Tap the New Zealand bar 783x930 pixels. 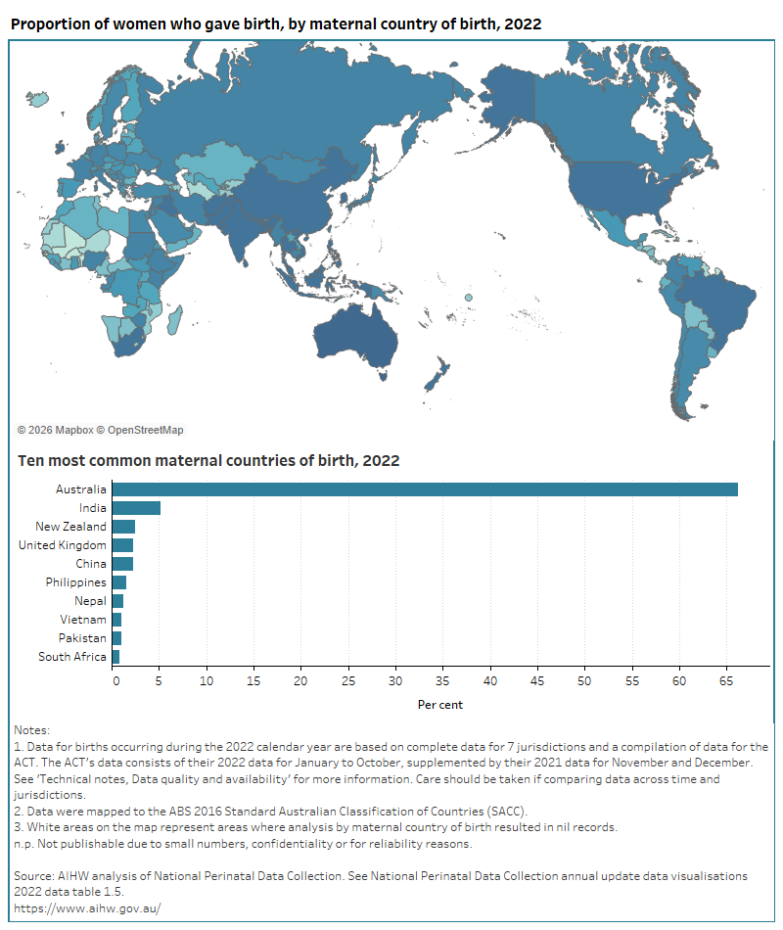click(123, 527)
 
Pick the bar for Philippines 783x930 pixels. click(119, 582)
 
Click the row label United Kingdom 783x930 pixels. click(63, 545)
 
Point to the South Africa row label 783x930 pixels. click(72, 657)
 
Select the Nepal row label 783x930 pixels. click(90, 601)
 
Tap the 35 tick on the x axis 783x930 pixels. click(443, 679)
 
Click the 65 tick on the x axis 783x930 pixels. click(726, 679)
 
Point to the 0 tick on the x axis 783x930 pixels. click(115, 679)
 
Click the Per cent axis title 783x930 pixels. click(440, 705)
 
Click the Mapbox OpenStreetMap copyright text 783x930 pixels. click(100, 430)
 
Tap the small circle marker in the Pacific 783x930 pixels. click(469, 298)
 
